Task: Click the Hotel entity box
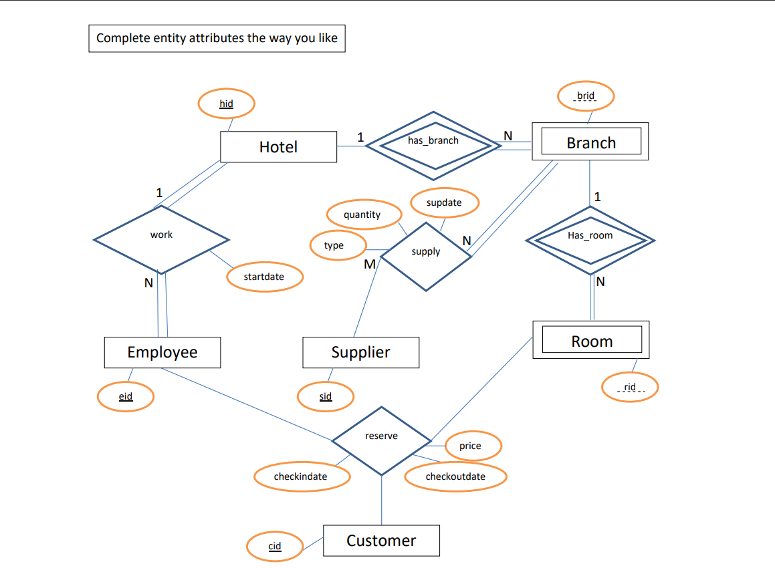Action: click(278, 147)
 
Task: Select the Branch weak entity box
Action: click(590, 142)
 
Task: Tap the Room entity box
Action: click(591, 341)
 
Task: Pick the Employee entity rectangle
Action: click(162, 352)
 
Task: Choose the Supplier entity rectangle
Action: click(360, 352)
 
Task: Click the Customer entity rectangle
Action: click(381, 541)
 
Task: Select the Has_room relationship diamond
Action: click(590, 237)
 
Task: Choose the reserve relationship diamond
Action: click(381, 440)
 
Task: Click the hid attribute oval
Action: click(226, 104)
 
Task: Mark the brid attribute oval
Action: click(586, 96)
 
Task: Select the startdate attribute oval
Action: click(264, 277)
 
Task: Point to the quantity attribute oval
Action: click(362, 215)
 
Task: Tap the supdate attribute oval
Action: click(444, 202)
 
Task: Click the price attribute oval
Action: click(471, 446)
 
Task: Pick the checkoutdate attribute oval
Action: click(455, 476)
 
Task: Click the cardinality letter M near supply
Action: click(369, 265)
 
